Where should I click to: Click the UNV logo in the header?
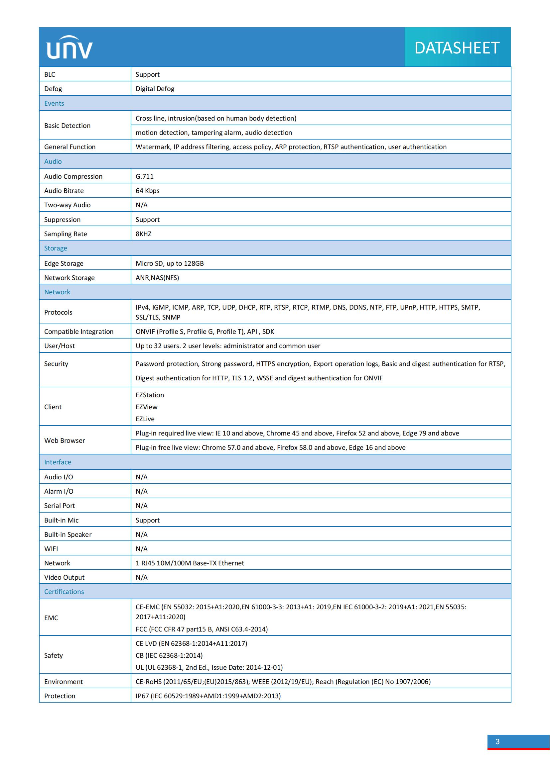[x=69, y=48]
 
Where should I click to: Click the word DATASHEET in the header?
[x=457, y=48]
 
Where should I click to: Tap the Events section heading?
[x=54, y=103]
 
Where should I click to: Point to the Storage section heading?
[x=56, y=248]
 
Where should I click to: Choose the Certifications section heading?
[x=64, y=592]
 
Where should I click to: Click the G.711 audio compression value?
[x=145, y=176]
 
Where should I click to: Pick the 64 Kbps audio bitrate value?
[x=147, y=191]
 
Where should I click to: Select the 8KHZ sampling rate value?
[x=144, y=234]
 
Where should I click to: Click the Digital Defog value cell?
[x=155, y=89]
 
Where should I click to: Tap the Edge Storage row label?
[x=64, y=263]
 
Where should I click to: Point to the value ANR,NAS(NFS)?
[x=157, y=277]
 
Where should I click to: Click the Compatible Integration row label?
[x=78, y=332]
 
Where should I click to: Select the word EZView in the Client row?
[x=146, y=407]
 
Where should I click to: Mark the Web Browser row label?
[x=65, y=440]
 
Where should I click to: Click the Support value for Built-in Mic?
[x=147, y=520]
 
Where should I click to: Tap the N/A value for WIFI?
[x=142, y=548]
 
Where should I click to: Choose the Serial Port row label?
[x=59, y=506]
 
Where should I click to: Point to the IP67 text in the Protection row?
[x=142, y=696]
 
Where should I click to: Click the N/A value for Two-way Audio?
[x=142, y=205]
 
